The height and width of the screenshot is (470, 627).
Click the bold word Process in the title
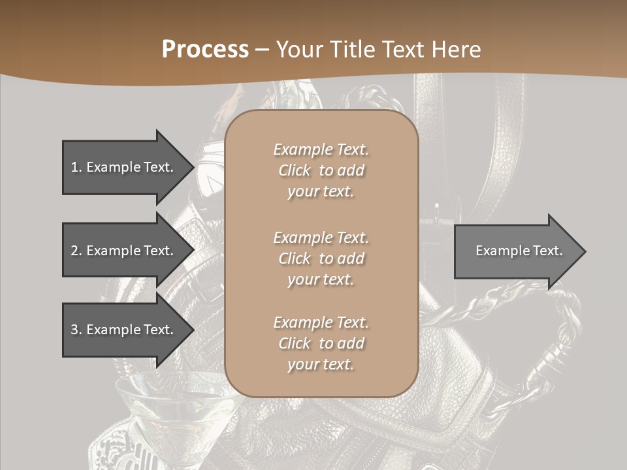205,50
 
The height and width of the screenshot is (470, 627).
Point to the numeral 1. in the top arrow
76,167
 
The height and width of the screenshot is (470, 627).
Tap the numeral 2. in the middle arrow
76,251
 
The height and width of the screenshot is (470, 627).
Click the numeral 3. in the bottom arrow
76,330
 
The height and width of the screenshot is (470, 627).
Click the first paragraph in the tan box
321,170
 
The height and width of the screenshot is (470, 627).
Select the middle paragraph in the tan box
321,258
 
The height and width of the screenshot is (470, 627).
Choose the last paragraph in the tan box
321,343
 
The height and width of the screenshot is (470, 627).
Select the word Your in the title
297,50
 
